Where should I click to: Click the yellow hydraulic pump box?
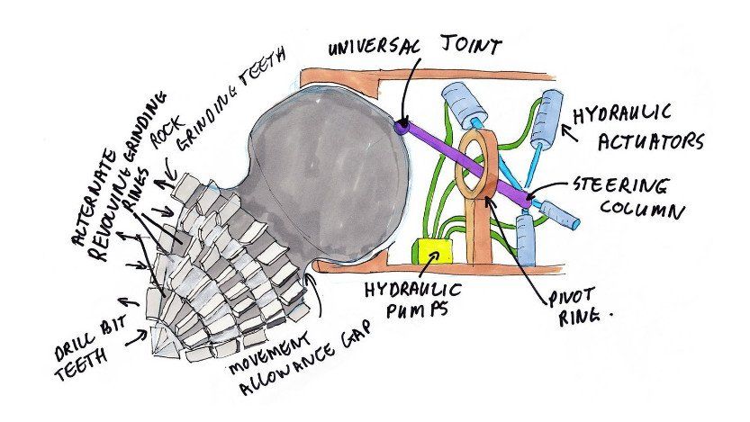coord(429,251)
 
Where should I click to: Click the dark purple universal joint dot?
coord(399,129)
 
